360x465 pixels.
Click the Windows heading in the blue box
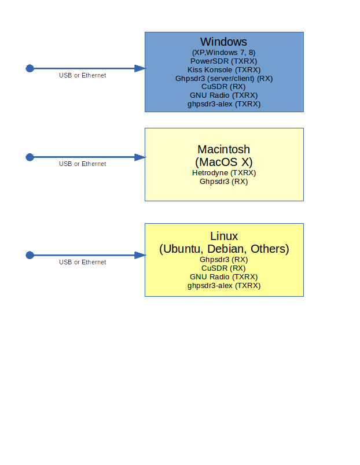[x=223, y=42]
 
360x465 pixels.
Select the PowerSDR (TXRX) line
[x=223, y=61]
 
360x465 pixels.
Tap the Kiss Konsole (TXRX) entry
[x=223, y=69]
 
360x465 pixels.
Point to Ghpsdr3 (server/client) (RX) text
[x=223, y=78]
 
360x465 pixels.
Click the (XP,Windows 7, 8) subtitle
[x=223, y=52]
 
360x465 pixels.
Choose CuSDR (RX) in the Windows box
[x=223, y=87]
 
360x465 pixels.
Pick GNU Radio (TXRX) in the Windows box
[x=223, y=95]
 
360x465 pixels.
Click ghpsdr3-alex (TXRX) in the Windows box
[x=223, y=104]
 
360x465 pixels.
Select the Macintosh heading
[x=223, y=149]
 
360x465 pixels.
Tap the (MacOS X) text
[x=223, y=161]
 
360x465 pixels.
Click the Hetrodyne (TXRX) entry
[x=223, y=172]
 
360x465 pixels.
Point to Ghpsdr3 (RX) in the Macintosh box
[x=223, y=181]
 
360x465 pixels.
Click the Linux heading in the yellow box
[x=223, y=236]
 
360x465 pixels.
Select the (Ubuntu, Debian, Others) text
[x=223, y=249]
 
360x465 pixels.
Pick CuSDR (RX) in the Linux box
[x=223, y=268]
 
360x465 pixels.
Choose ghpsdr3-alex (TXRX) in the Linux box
[x=223, y=286]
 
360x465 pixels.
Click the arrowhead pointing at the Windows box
[x=139, y=68]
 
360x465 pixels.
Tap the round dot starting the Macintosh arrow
[x=30, y=157]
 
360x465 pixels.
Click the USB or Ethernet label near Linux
[x=82, y=262]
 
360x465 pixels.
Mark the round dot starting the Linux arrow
[x=30, y=255]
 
